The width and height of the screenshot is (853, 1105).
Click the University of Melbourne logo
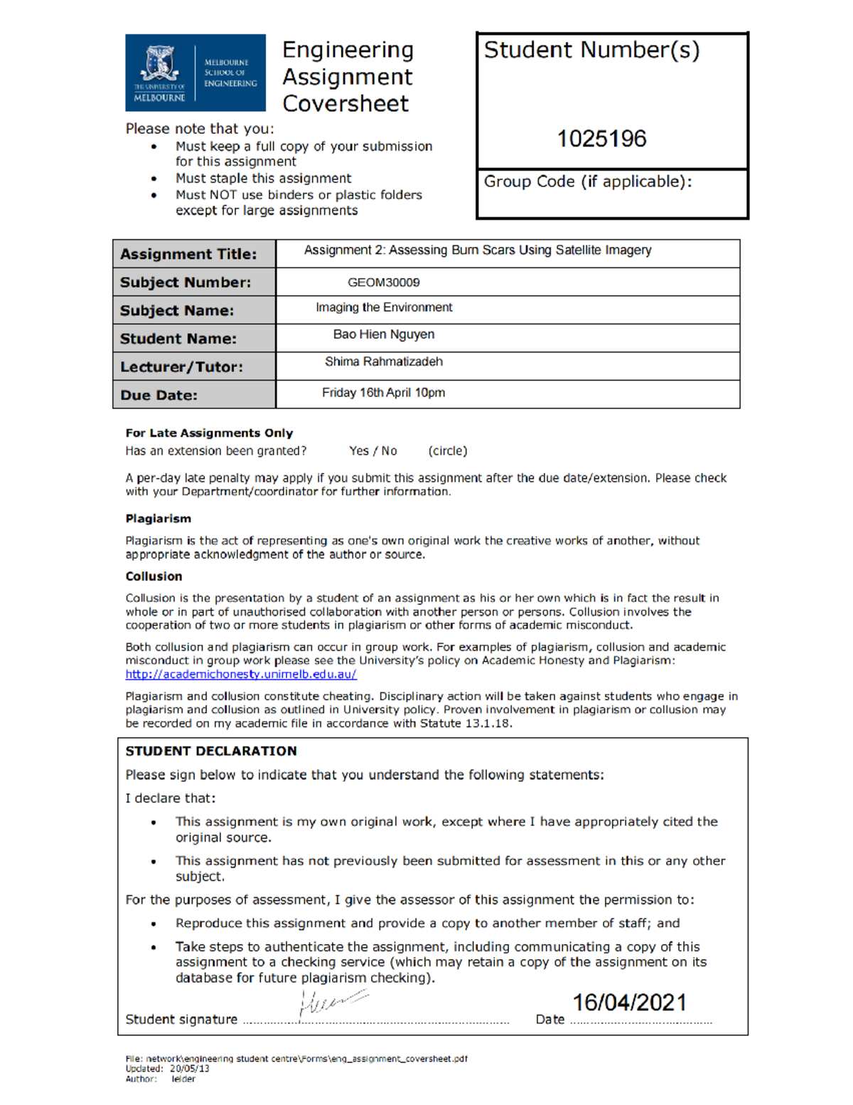195,73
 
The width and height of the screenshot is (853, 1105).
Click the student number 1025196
601,139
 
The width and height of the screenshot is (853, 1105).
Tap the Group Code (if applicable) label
587,182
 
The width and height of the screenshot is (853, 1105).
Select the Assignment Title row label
188,254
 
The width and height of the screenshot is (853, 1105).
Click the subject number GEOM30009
383,282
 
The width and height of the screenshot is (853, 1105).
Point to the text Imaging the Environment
384,307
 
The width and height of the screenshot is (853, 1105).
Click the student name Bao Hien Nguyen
384,334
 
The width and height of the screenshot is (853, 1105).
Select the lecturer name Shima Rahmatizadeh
384,361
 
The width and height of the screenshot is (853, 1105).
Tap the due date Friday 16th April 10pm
383,393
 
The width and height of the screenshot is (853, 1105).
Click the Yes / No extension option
372,451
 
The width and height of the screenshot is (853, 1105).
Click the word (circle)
448,451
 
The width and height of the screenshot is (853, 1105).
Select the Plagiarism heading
158,519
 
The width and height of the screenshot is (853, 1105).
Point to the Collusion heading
154,576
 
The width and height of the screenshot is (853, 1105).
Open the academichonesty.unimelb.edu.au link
241,674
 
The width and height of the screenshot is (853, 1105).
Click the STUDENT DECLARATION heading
211,751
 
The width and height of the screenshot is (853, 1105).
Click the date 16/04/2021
630,1003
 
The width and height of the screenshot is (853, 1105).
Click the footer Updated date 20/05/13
189,1069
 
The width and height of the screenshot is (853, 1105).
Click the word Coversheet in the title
345,104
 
